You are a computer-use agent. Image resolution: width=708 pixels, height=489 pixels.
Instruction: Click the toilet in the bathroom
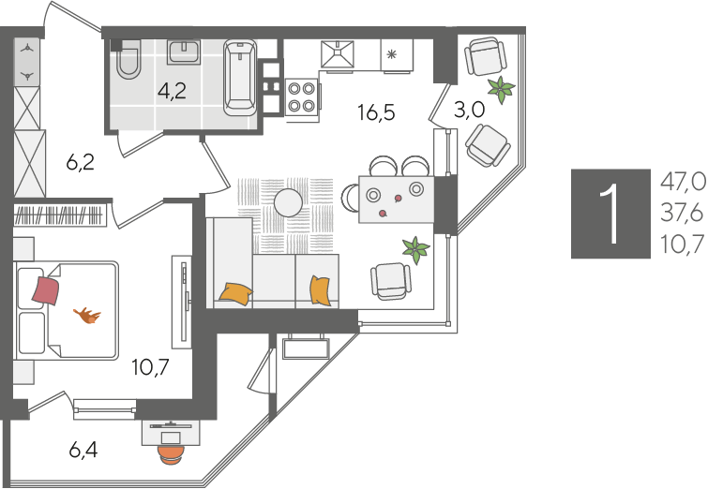pyautogui.click(x=129, y=59)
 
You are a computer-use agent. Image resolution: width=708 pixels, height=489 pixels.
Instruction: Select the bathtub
pyautogui.click(x=241, y=77)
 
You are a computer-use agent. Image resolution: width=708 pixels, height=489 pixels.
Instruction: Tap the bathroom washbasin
pyautogui.click(x=184, y=52)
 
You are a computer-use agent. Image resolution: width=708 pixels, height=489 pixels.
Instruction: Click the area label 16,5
pyautogui.click(x=376, y=111)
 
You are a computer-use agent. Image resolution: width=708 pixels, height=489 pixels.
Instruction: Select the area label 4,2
pyautogui.click(x=172, y=92)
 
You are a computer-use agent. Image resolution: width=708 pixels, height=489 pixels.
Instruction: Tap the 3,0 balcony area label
pyautogui.click(x=469, y=110)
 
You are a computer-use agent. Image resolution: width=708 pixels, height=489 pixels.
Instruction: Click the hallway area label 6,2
pyautogui.click(x=80, y=162)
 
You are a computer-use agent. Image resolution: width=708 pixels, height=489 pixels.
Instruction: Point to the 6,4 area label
pyautogui.click(x=83, y=450)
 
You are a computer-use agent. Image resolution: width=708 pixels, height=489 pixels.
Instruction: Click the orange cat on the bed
pyautogui.click(x=87, y=316)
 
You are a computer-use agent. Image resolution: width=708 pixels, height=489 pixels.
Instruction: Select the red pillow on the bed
pyautogui.click(x=46, y=291)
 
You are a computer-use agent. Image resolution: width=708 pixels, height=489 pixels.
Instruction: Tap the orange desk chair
pyautogui.click(x=171, y=454)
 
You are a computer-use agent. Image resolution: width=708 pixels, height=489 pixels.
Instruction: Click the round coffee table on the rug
pyautogui.click(x=288, y=203)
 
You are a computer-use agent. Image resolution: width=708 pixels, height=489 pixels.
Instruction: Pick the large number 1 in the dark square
pyautogui.click(x=610, y=214)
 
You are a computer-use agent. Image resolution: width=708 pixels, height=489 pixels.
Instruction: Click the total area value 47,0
pyautogui.click(x=683, y=183)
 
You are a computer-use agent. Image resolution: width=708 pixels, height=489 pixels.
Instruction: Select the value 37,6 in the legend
pyautogui.click(x=683, y=213)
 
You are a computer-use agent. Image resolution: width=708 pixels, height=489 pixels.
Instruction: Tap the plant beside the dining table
pyautogui.click(x=415, y=250)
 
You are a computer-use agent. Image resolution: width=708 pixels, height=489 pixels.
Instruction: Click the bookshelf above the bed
pyautogui.click(x=59, y=215)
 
